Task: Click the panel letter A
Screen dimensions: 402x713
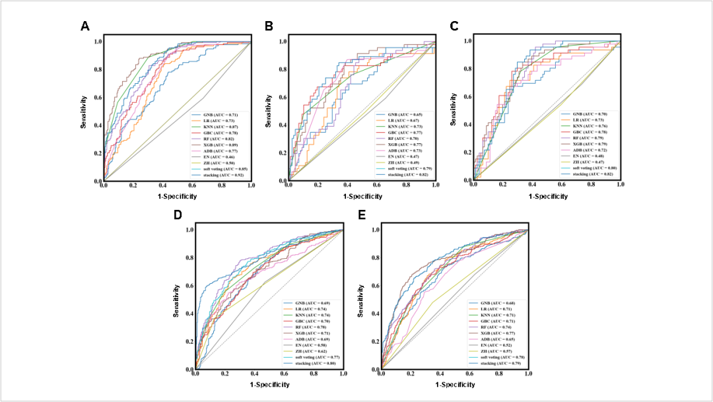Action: [85, 26]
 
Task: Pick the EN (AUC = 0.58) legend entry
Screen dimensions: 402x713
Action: [314, 345]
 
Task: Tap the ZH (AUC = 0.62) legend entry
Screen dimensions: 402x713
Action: [314, 351]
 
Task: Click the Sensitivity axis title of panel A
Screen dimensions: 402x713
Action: [85, 110]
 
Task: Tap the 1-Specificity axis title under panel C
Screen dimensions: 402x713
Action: [545, 195]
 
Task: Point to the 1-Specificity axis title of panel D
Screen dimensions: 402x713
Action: [269, 384]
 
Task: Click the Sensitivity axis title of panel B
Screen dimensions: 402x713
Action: [269, 110]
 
